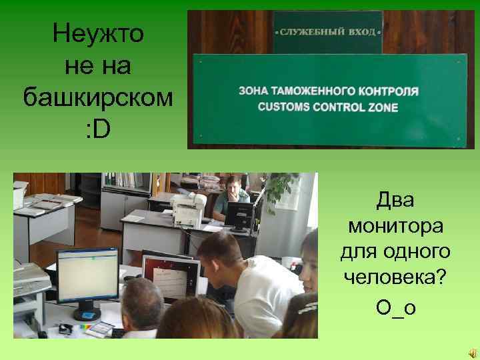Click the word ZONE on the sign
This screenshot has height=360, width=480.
point(381,107)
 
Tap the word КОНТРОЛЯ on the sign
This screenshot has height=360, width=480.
point(387,90)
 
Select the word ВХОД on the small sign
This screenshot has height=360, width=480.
point(360,31)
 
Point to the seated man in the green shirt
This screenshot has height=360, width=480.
point(233,193)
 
